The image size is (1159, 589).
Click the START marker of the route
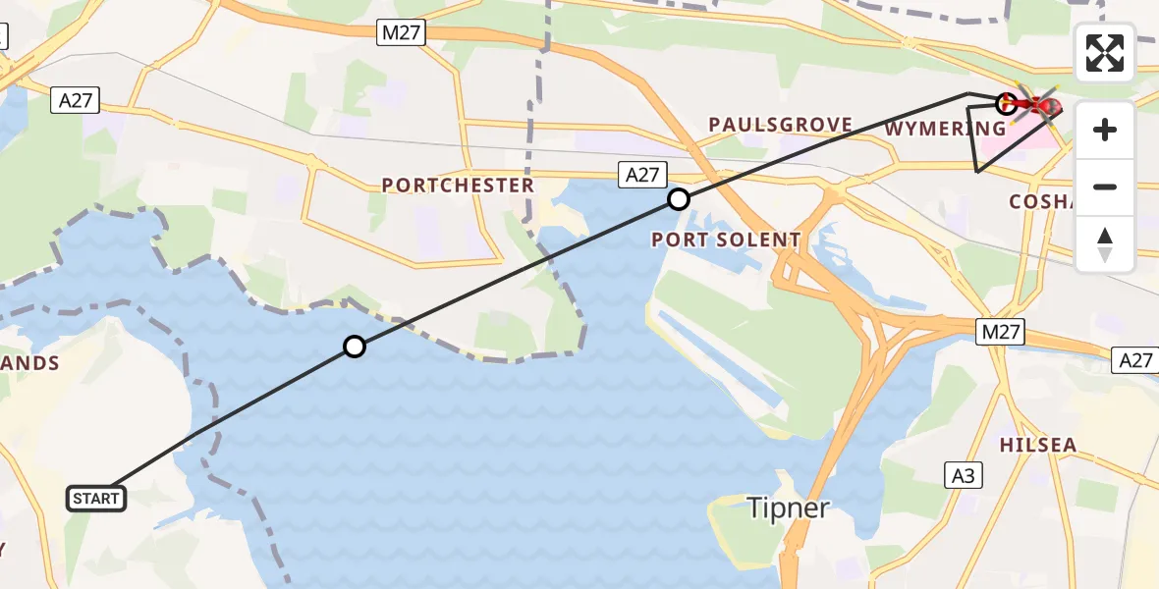(96, 499)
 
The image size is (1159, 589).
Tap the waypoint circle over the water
(355, 346)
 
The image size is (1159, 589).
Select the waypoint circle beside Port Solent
(679, 200)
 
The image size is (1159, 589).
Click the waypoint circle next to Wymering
(1006, 103)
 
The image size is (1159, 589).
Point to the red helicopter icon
(1035, 103)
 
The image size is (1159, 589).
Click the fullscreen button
(1105, 53)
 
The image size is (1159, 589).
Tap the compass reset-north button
(1105, 244)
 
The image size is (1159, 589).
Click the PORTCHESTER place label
(458, 185)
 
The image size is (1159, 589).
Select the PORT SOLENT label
(726, 240)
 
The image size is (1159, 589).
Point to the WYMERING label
(945, 129)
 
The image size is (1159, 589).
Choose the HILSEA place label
(1038, 445)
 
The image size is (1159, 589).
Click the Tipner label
(789, 508)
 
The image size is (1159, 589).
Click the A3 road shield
(964, 476)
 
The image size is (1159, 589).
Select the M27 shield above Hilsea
(1001, 332)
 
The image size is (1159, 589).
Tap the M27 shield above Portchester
(401, 33)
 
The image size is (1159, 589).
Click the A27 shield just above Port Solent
(642, 175)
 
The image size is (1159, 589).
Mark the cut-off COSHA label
(1044, 201)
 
